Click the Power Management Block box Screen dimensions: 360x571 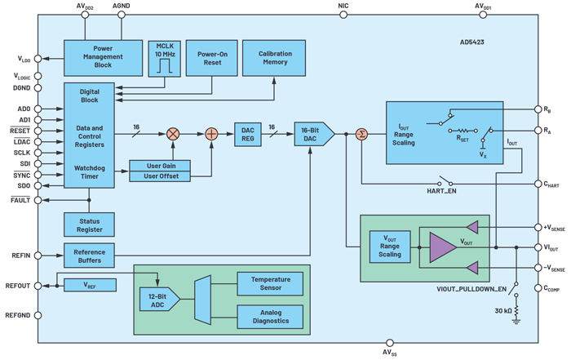103,56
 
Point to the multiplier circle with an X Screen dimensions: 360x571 173,133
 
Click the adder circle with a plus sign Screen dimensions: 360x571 211,133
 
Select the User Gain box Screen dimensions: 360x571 160,166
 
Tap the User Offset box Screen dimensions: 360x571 160,176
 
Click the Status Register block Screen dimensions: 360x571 89,224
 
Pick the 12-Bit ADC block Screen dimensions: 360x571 157,299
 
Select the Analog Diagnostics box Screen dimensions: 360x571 270,315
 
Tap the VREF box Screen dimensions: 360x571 90,285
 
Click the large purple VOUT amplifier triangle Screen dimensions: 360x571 444,247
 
